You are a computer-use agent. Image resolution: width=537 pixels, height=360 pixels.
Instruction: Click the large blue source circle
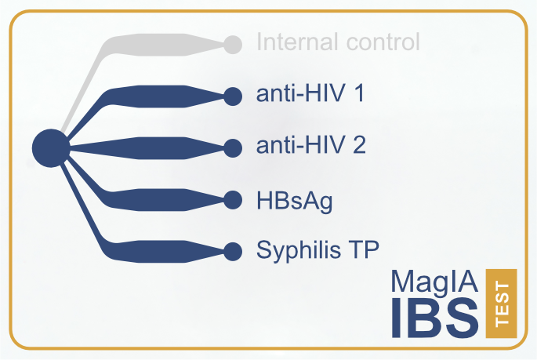[x=51, y=148]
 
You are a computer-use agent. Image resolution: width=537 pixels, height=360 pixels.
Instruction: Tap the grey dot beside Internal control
[x=233, y=45]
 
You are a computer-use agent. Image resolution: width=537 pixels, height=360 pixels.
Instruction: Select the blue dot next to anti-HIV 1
[x=233, y=96]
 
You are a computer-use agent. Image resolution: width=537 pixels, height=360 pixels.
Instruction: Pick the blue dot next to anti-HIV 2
[x=233, y=148]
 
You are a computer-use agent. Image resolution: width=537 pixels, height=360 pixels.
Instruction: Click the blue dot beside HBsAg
[x=233, y=200]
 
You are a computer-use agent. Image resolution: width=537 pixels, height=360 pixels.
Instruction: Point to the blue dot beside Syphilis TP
[x=233, y=252]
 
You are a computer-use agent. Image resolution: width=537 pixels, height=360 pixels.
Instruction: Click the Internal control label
[x=338, y=42]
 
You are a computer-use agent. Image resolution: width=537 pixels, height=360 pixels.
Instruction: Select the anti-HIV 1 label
[x=310, y=93]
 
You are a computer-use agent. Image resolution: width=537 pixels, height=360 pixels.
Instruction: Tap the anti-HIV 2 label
[x=311, y=144]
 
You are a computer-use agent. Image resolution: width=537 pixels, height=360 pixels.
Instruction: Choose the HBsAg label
[x=295, y=202]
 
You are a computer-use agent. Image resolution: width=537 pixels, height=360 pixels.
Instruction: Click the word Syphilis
[x=299, y=251]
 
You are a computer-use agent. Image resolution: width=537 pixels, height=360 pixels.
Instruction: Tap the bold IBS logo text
[x=435, y=318]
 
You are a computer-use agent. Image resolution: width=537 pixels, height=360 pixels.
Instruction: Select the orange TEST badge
[x=501, y=304]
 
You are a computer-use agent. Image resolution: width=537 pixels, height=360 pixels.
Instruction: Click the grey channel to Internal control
[x=143, y=45]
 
